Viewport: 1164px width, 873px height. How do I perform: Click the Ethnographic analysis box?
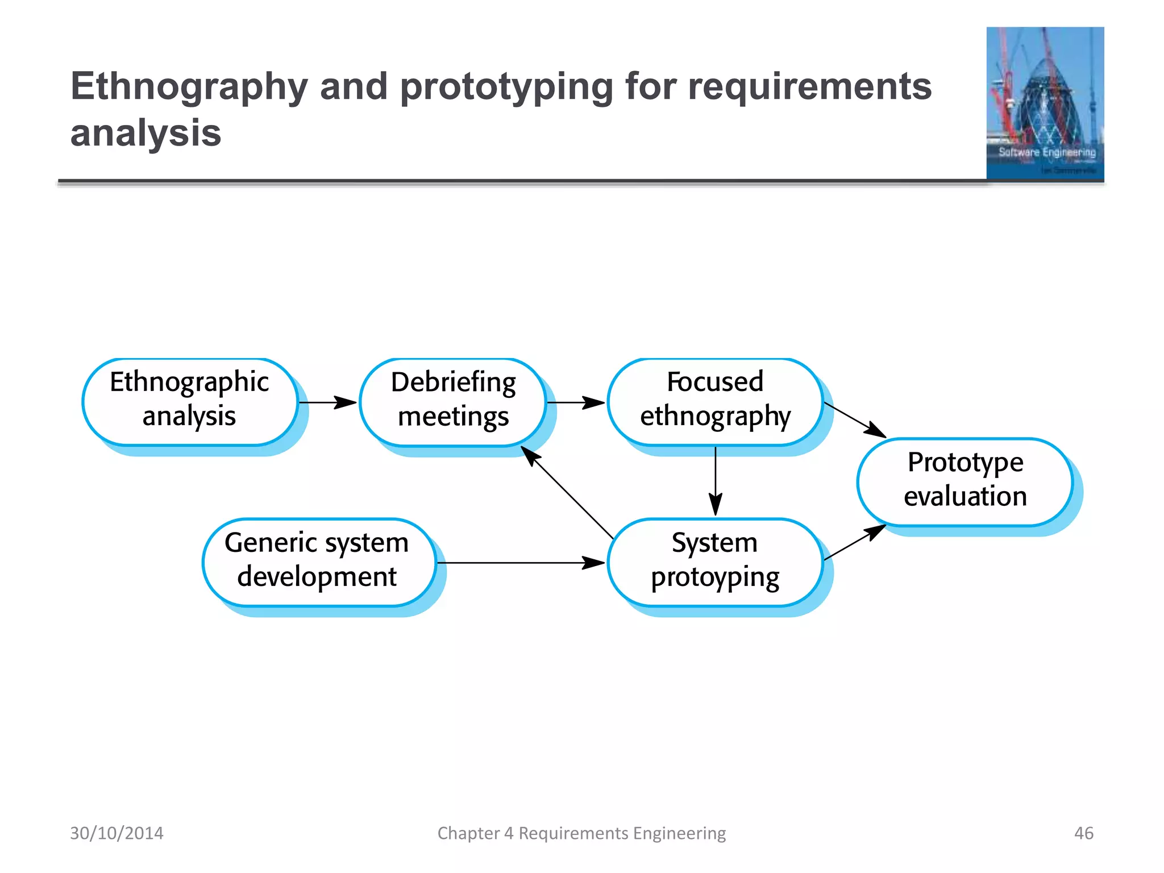pos(190,402)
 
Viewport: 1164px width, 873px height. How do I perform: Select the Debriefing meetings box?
pos(453,402)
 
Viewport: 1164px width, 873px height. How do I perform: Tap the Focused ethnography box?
pos(715,402)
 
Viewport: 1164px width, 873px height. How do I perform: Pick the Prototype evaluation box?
pos(965,481)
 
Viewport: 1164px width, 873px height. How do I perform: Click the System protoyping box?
pos(715,562)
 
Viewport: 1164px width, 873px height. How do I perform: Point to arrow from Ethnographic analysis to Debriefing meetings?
pos(328,402)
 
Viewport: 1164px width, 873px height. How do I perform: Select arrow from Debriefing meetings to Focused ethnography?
pos(576,402)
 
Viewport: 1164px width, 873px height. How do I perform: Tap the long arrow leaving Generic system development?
pos(520,563)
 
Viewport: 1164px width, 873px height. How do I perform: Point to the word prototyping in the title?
pos(506,87)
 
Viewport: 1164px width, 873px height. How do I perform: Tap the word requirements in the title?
pos(810,87)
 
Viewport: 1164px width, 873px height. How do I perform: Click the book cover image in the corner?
pos(1045,103)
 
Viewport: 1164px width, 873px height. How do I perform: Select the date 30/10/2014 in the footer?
pos(117,833)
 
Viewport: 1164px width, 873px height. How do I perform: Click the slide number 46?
pos(1083,833)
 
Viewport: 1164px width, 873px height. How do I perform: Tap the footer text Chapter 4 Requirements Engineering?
pos(581,833)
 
